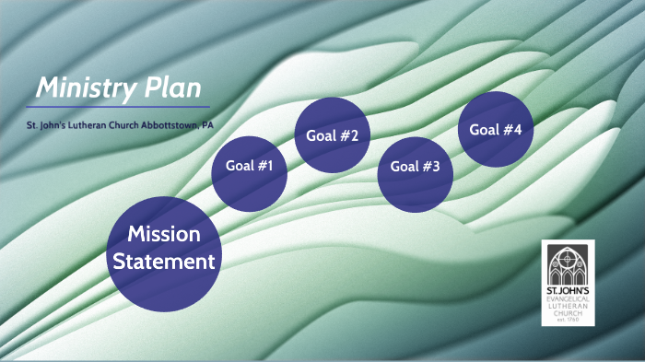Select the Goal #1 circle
[250, 168]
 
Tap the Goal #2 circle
[332, 136]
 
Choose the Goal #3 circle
[416, 168]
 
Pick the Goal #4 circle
[496, 130]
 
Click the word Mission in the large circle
[164, 234]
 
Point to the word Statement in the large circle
[164, 262]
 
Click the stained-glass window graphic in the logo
[569, 265]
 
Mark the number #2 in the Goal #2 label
[348, 136]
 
